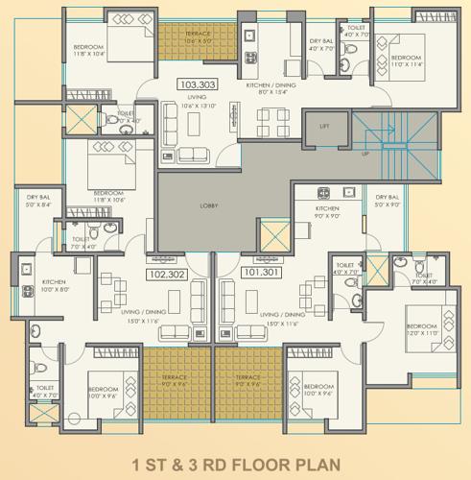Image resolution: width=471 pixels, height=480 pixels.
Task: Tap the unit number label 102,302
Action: click(164, 272)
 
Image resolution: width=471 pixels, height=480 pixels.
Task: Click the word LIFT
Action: click(325, 125)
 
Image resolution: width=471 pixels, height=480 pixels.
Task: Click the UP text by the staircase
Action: click(364, 154)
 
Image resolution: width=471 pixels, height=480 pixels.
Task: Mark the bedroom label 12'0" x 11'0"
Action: click(422, 329)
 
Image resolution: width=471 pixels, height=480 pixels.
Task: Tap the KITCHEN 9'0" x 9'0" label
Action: click(328, 212)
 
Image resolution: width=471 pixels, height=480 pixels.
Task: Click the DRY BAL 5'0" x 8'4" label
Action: click(38, 201)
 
